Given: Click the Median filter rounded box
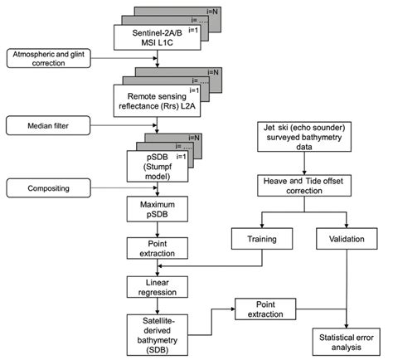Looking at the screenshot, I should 41,127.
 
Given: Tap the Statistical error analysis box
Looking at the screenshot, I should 346,338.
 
